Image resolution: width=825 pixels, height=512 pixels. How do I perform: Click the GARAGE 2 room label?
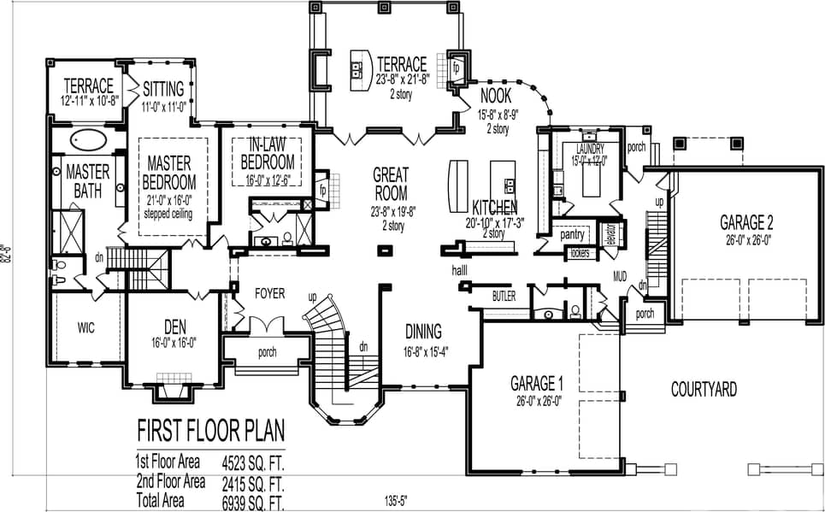coord(746,222)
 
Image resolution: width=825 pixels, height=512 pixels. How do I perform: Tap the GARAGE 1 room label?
coord(536,383)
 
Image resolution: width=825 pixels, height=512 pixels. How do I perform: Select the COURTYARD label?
coord(704,390)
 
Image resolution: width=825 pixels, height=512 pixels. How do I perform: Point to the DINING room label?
coord(423,332)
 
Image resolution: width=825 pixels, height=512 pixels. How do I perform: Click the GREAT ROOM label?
coord(390,184)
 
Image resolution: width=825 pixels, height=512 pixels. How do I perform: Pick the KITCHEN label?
coord(494,208)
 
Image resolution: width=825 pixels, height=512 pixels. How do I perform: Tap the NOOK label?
coord(496,95)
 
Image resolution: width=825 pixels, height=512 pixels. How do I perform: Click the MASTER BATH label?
coord(88,179)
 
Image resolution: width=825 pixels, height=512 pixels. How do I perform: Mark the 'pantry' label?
coord(572,234)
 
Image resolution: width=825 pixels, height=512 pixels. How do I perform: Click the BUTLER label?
coord(504,296)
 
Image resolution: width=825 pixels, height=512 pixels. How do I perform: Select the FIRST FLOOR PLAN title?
coord(210,428)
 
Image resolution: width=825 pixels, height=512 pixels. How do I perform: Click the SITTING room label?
coord(162,88)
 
